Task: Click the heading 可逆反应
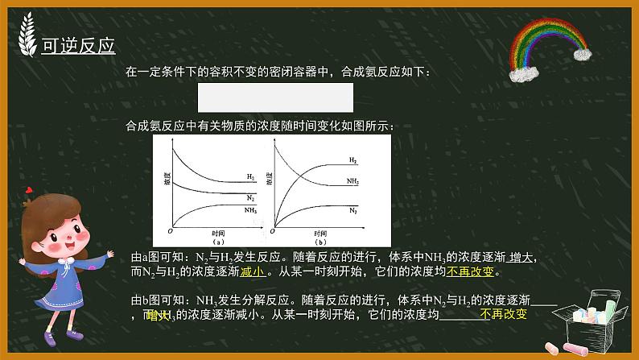tap(78, 45)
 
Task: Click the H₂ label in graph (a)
tap(251, 176)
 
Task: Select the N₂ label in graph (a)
tap(251, 197)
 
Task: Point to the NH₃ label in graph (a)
tap(252, 209)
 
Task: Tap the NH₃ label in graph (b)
tap(353, 182)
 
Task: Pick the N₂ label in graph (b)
tap(353, 209)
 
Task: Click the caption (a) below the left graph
tap(216, 241)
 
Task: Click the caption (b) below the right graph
tap(320, 241)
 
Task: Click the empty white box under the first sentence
tap(275, 97)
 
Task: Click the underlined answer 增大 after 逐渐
tap(522, 257)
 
